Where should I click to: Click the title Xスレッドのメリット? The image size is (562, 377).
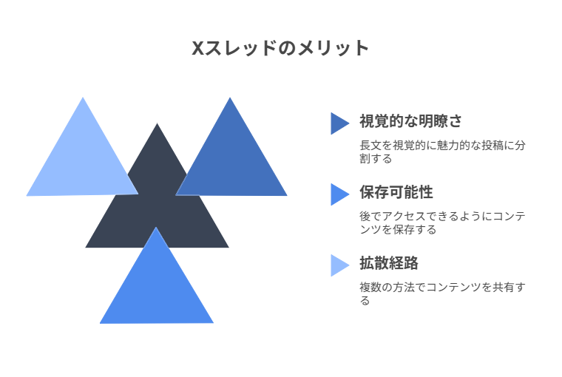[x=280, y=48]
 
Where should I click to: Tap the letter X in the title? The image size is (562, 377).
[x=198, y=48]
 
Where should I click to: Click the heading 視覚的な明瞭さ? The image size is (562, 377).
[x=410, y=121]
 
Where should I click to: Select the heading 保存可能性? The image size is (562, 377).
[x=396, y=192]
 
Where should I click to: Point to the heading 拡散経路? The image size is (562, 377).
[x=389, y=263]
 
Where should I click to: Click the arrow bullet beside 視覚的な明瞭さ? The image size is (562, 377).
[x=339, y=123]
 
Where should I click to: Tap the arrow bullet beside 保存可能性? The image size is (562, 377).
[x=339, y=194]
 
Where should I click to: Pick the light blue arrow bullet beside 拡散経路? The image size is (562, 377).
[x=339, y=265]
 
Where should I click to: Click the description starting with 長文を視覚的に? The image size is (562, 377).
[x=442, y=152]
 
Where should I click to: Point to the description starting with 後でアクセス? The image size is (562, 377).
[x=442, y=223]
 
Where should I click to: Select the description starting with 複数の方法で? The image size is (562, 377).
[x=442, y=293]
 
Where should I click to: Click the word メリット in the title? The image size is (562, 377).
[x=334, y=48]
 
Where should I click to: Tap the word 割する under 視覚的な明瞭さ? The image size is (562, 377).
[x=376, y=158]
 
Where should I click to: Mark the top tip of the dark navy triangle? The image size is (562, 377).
[x=157, y=123]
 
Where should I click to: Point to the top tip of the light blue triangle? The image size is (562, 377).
[x=83, y=97]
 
